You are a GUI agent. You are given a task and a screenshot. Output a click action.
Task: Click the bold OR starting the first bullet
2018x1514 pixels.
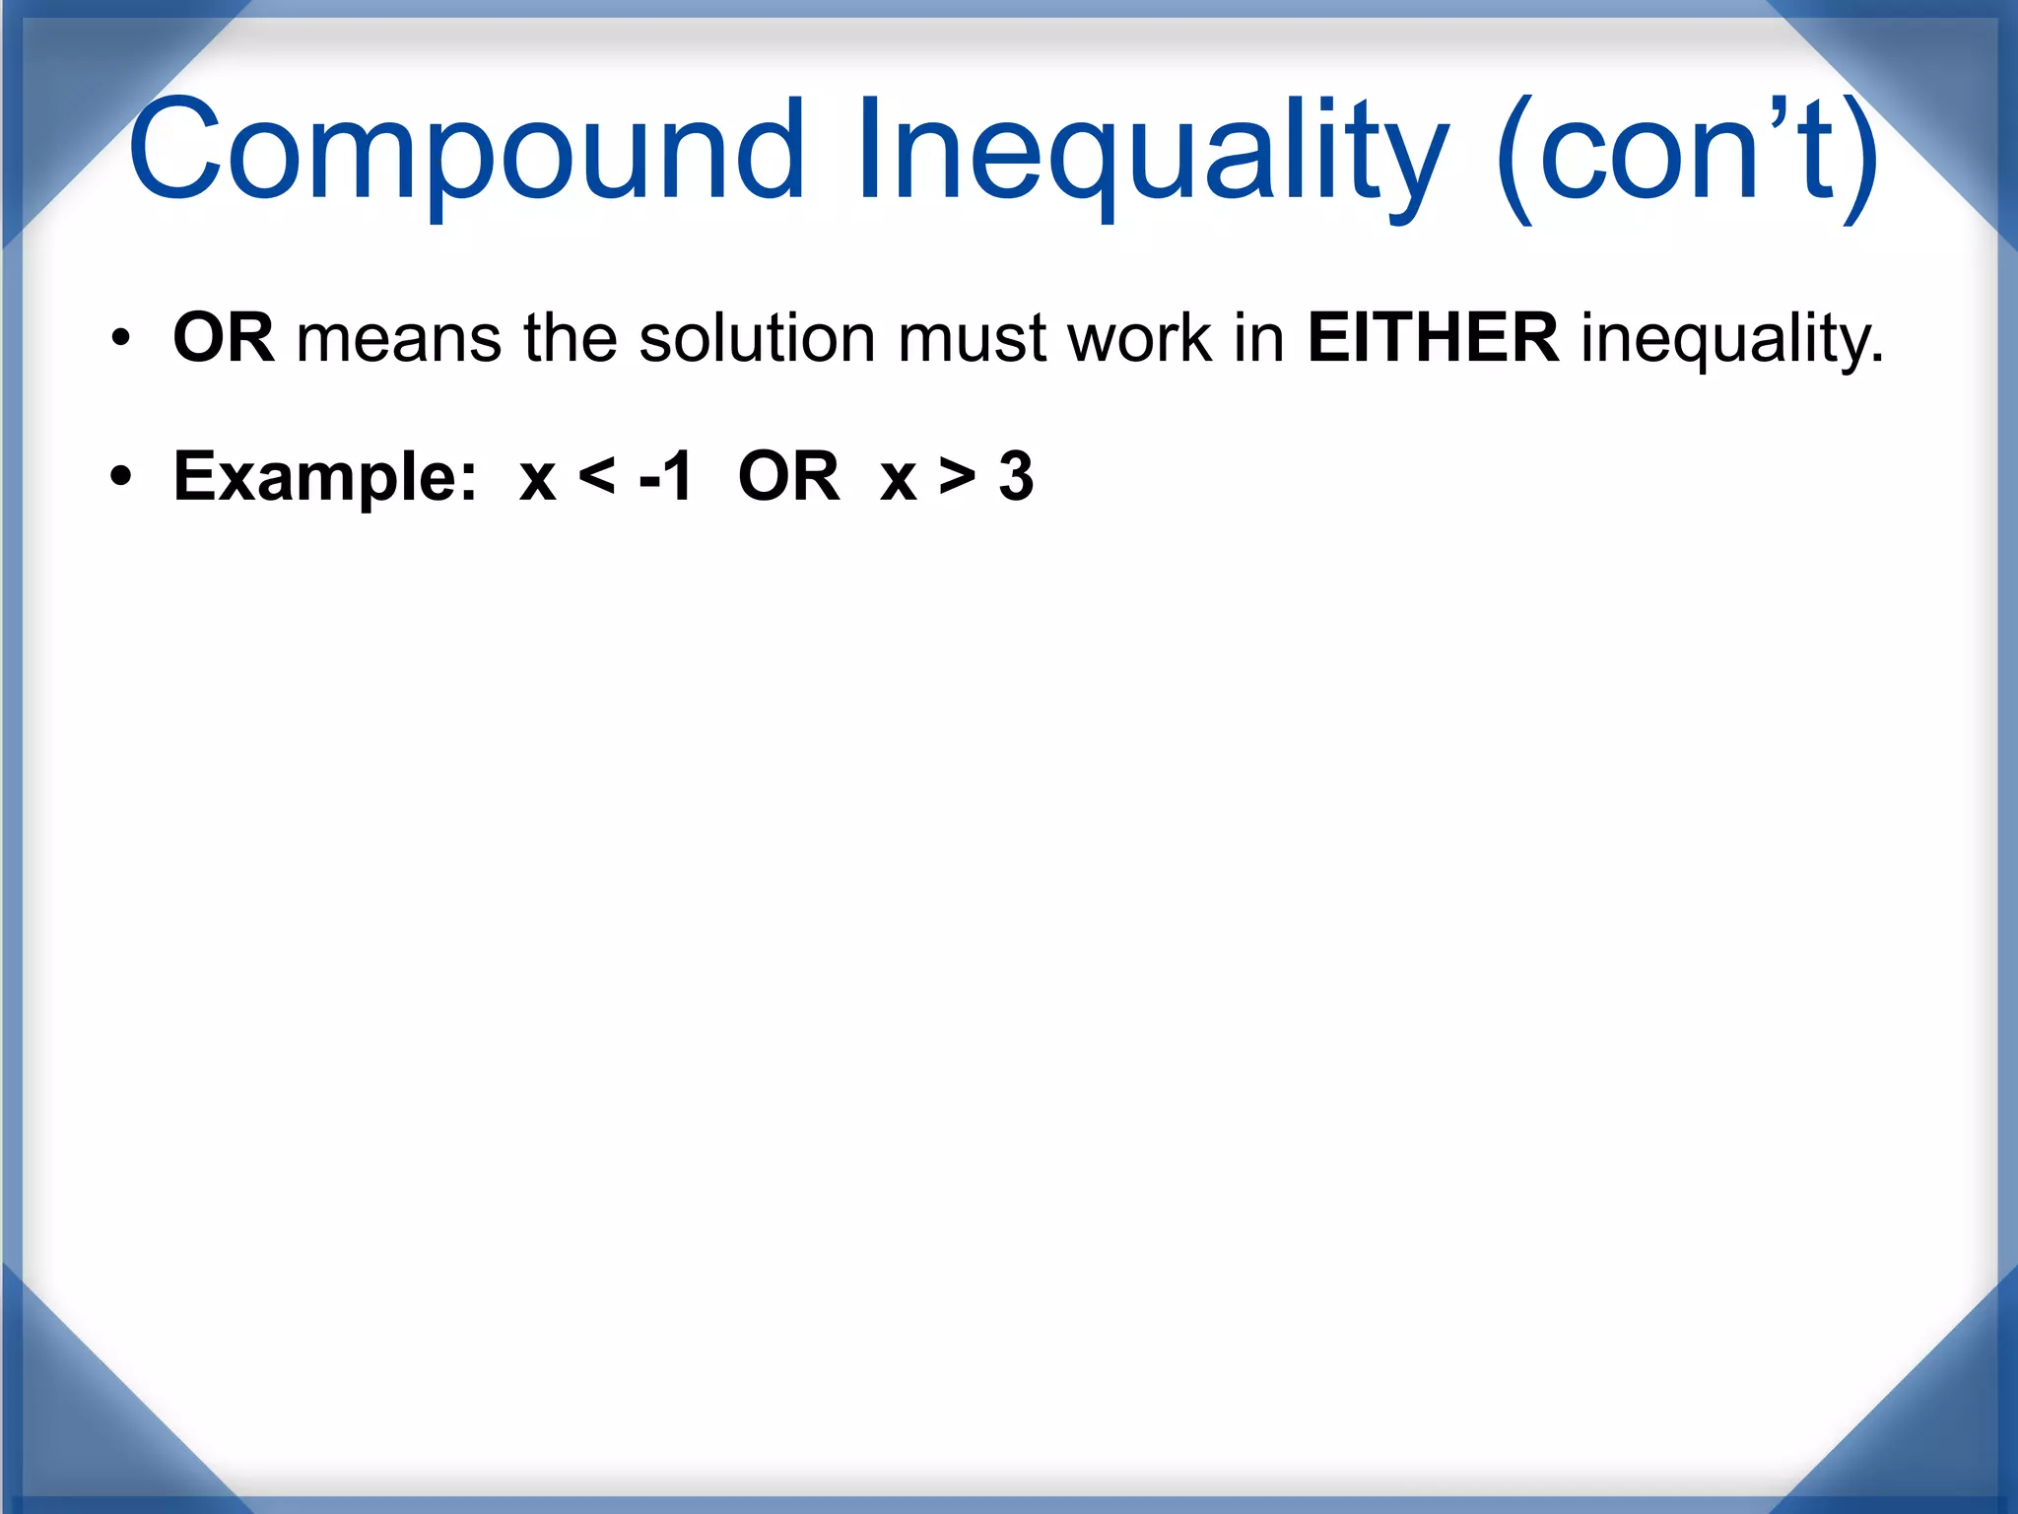(x=223, y=338)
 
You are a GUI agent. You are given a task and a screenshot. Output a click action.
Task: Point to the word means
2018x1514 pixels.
(x=399, y=338)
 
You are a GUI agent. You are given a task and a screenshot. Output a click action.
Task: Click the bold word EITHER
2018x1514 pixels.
(x=1433, y=338)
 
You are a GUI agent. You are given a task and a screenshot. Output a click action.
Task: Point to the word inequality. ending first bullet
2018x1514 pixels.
(x=1732, y=340)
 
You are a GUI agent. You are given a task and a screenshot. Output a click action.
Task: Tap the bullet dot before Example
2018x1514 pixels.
(x=120, y=478)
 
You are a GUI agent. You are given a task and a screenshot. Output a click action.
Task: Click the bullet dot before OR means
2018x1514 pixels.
(x=120, y=339)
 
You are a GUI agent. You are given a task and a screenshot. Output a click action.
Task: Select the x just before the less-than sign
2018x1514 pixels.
(x=538, y=480)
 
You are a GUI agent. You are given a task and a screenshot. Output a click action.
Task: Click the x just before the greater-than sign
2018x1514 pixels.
(x=899, y=480)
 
